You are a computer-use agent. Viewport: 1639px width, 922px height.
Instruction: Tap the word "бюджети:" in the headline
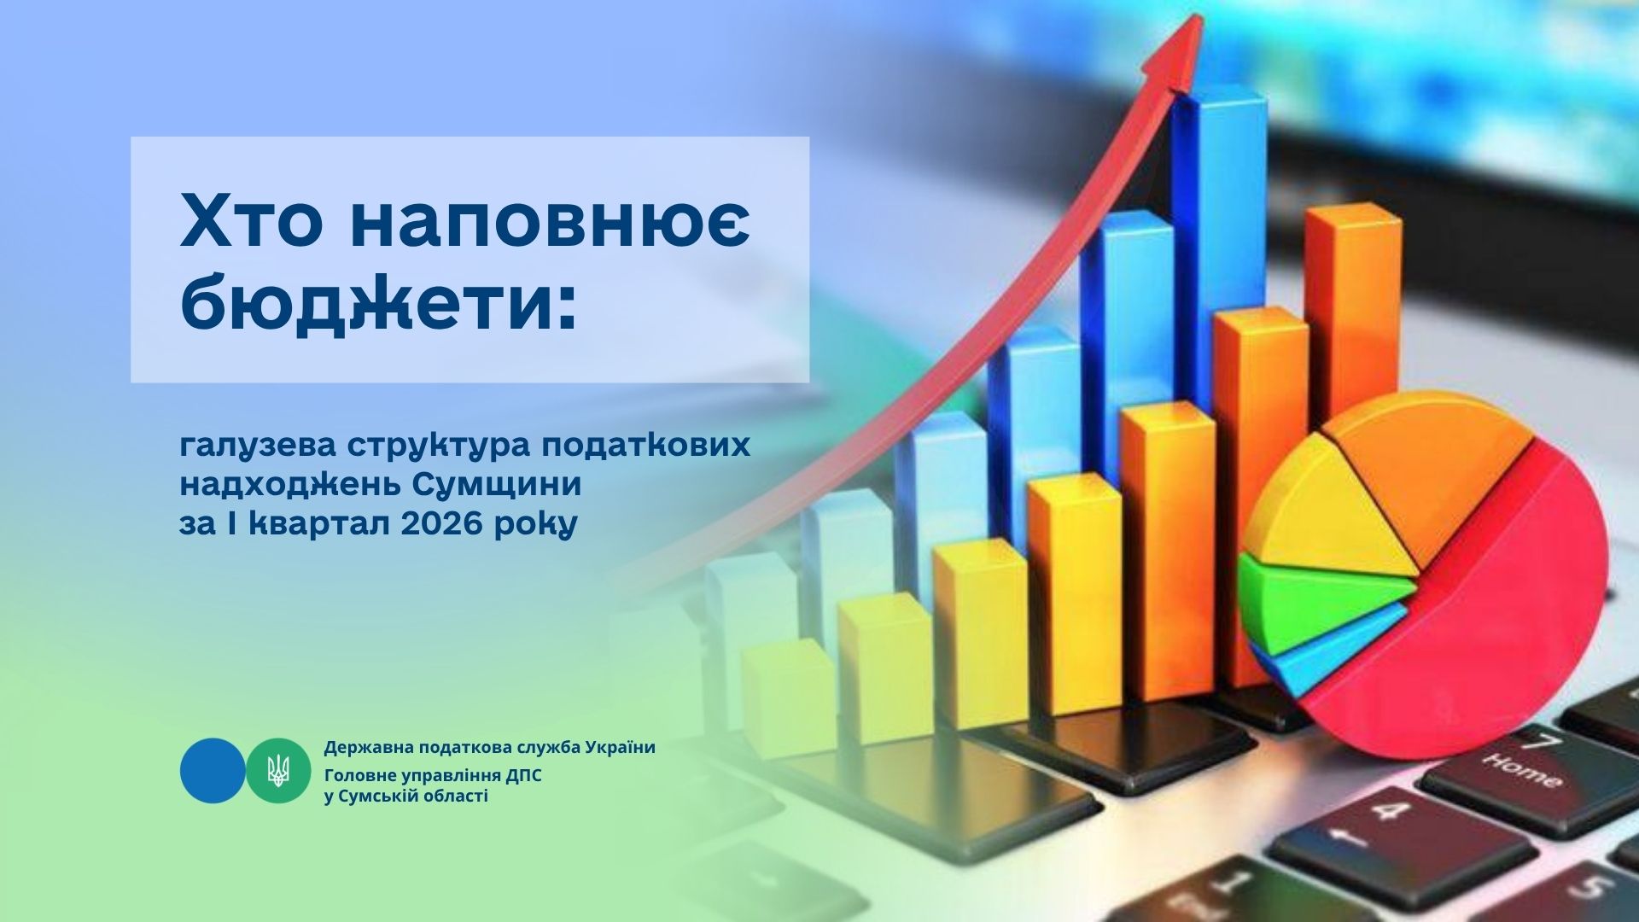(x=378, y=303)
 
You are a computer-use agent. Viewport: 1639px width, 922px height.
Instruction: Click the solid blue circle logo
(x=213, y=770)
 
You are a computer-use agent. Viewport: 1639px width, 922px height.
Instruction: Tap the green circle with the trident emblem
(x=278, y=770)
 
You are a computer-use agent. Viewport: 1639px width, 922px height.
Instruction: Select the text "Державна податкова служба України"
(x=490, y=748)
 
